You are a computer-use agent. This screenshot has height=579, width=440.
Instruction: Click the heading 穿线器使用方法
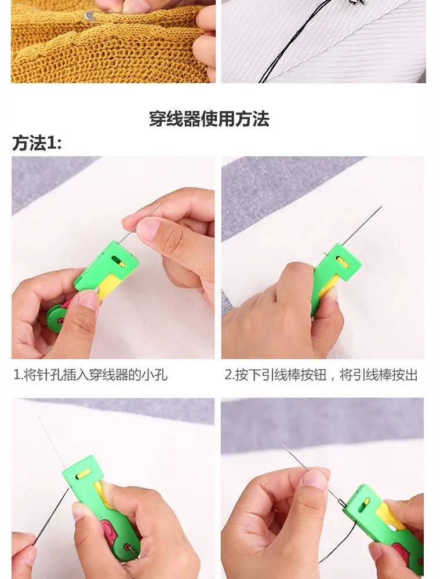click(x=209, y=119)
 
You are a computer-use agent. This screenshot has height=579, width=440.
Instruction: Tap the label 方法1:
click(x=37, y=143)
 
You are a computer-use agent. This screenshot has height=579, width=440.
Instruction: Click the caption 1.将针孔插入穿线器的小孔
click(x=90, y=375)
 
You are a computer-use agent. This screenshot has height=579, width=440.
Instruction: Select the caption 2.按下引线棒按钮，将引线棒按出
click(x=321, y=375)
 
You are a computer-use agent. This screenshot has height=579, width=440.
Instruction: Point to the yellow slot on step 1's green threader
click(x=121, y=263)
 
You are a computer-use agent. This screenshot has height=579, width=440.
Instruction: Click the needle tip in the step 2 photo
click(x=381, y=207)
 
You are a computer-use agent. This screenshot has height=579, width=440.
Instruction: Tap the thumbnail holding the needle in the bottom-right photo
click(x=314, y=479)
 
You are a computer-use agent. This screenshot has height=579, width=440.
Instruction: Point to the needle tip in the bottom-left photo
click(x=38, y=417)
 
